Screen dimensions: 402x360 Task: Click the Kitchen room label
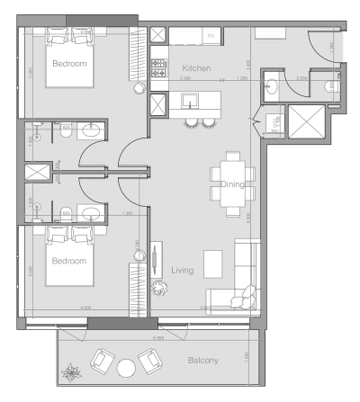[x=197, y=68]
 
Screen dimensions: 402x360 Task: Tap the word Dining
[x=233, y=184]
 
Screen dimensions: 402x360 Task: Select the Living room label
[x=184, y=269]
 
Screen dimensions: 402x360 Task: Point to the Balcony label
[x=202, y=361]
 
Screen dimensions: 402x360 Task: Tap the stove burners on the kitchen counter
[x=158, y=67]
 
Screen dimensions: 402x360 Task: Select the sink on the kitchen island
[x=192, y=98]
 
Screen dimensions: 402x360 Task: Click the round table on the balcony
[x=126, y=367]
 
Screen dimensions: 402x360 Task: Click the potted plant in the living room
[x=160, y=288]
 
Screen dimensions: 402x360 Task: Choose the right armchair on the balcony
[x=150, y=361]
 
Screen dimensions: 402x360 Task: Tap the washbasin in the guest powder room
[x=273, y=87]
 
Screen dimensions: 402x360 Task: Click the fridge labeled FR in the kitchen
[x=211, y=37]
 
